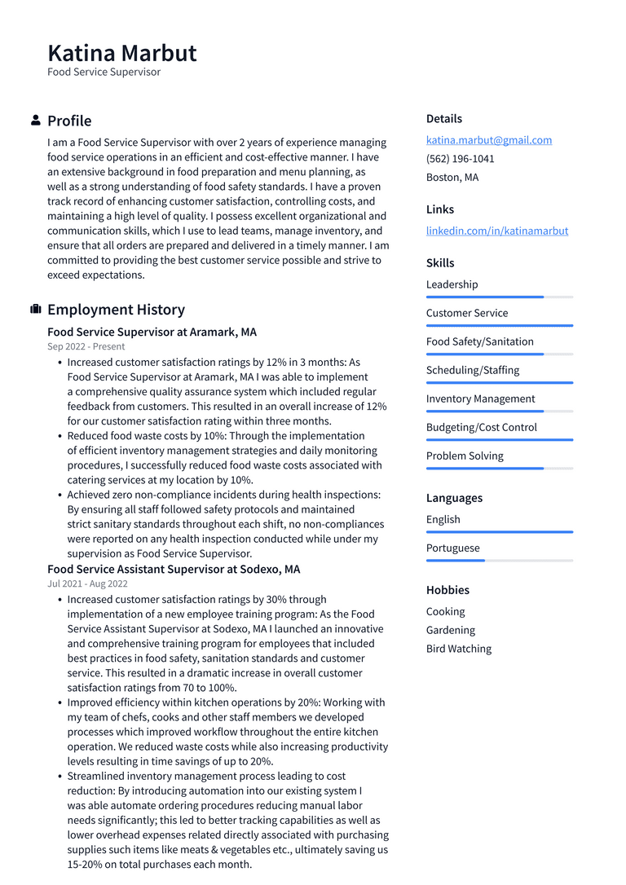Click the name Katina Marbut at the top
point(122,53)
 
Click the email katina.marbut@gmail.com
point(489,140)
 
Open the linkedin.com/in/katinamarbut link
point(497,231)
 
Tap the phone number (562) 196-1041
point(460,159)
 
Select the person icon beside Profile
point(36,121)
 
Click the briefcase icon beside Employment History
point(36,310)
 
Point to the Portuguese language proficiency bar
point(499,561)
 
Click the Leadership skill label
point(452,284)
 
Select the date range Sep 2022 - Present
point(86,346)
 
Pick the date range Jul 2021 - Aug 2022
point(87,583)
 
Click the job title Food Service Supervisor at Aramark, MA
point(152,332)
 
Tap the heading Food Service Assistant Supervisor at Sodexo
point(174,570)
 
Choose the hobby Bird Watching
point(458,649)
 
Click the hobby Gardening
point(450,630)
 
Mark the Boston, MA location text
point(452,178)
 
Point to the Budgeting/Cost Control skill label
point(481,427)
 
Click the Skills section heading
point(440,263)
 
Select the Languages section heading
point(454,498)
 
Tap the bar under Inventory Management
point(499,412)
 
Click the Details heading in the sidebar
point(443,119)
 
